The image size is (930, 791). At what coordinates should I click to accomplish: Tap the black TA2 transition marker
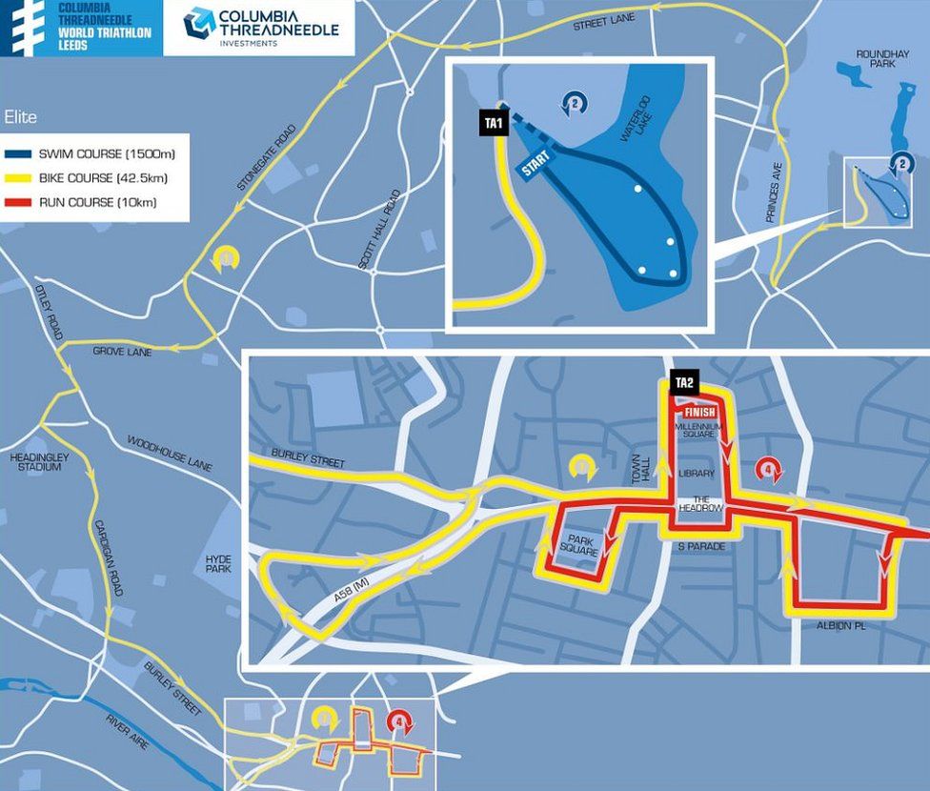click(683, 383)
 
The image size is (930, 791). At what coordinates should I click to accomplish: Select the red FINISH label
click(700, 411)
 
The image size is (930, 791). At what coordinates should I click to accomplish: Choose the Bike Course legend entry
click(98, 178)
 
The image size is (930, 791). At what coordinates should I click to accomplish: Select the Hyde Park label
click(218, 563)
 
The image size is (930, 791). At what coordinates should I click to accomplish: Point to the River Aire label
click(127, 731)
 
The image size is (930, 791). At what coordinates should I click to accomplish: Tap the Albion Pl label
click(839, 626)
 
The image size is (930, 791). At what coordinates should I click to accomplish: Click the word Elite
click(21, 117)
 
